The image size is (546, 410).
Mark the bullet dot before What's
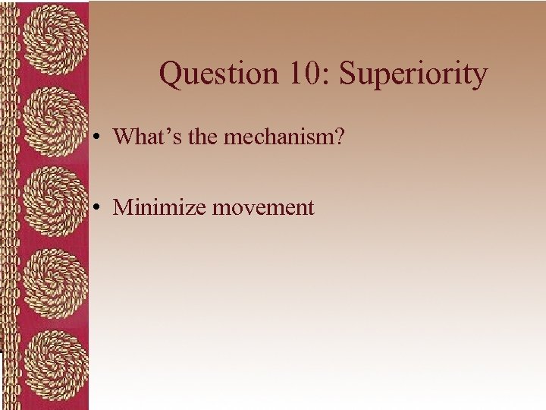point(99,137)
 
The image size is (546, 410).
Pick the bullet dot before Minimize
point(99,208)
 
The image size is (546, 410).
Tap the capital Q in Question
point(171,74)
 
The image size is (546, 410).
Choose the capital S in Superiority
point(348,74)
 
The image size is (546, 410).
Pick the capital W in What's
point(123,137)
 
